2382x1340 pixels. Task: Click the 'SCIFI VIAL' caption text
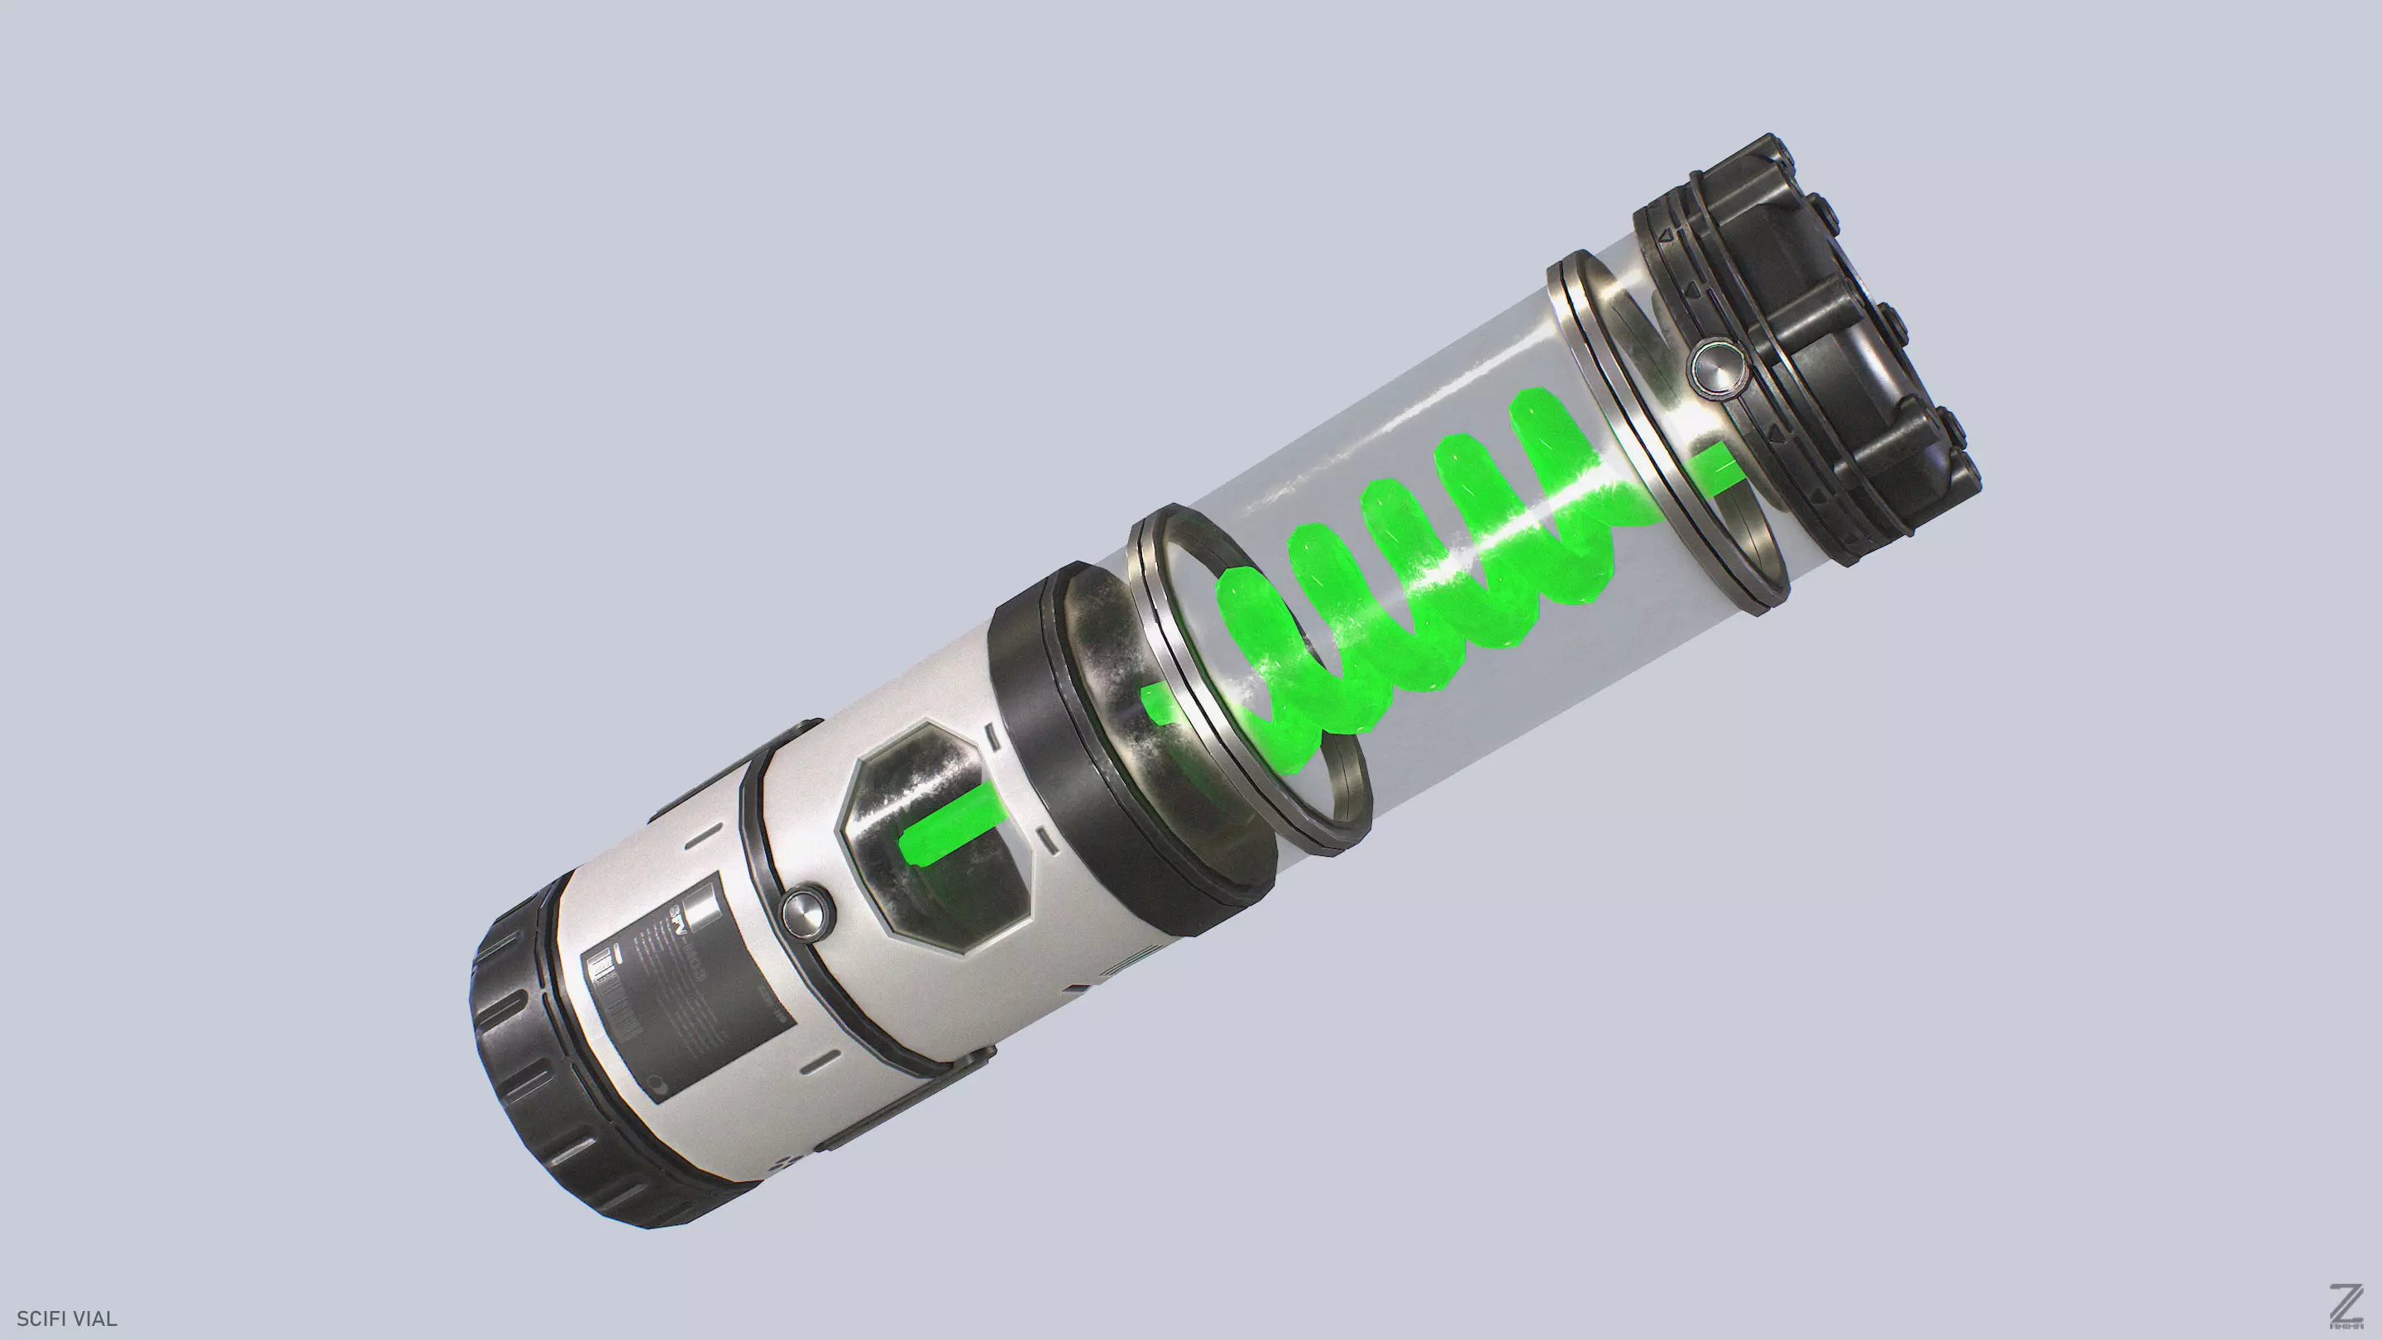click(66, 1318)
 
